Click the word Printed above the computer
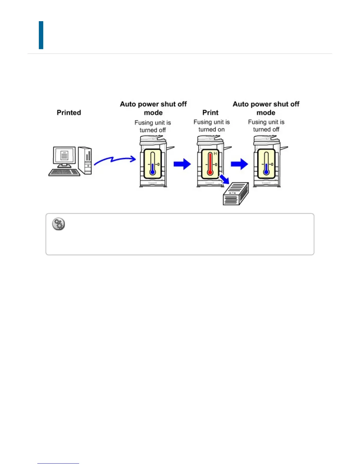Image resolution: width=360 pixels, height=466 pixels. coord(69,113)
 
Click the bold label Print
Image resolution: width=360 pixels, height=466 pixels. coord(210,113)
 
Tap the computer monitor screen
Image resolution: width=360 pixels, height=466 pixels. coord(64,155)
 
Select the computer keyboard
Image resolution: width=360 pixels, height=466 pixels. coord(64,172)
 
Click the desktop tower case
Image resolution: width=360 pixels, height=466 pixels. coord(85,160)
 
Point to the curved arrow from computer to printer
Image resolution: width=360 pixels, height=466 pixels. coord(115,160)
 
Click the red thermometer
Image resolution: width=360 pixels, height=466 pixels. coord(210,164)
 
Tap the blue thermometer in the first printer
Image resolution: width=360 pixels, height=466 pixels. coord(152,164)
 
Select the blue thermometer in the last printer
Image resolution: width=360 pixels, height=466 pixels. coord(266,164)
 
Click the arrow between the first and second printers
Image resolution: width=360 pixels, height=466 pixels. coord(182,164)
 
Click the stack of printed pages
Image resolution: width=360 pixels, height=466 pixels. coord(236,194)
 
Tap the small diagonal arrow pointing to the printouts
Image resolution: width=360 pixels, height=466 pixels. coord(225,179)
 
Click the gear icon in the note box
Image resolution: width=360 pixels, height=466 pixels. coord(59,224)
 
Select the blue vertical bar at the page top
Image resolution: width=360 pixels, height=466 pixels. coord(41,35)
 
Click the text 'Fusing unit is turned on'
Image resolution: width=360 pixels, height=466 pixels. coord(211,126)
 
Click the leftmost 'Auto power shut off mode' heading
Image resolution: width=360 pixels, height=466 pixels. coord(153,108)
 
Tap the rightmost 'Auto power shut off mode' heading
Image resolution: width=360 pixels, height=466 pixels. coord(266,108)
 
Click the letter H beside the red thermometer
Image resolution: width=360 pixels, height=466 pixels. coord(215,154)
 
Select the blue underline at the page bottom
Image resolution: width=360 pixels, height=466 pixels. coord(58,463)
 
